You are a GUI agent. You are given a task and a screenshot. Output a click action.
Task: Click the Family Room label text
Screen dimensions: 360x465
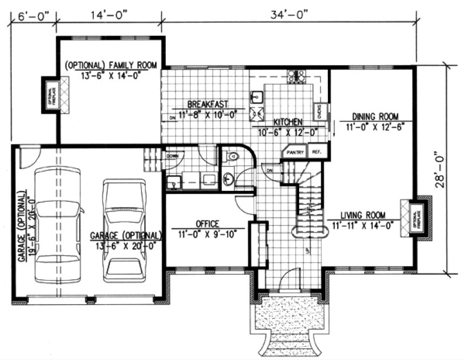tap(111, 66)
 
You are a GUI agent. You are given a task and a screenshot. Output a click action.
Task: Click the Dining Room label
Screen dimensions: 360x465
tap(375, 117)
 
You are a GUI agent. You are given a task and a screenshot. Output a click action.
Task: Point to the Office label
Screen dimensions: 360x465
tap(206, 223)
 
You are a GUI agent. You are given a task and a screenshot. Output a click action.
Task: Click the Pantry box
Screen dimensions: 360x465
tap(296, 152)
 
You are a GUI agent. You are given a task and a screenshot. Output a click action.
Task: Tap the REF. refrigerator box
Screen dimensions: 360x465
tap(317, 152)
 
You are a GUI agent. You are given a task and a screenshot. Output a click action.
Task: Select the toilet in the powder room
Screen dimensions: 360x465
tap(232, 157)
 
